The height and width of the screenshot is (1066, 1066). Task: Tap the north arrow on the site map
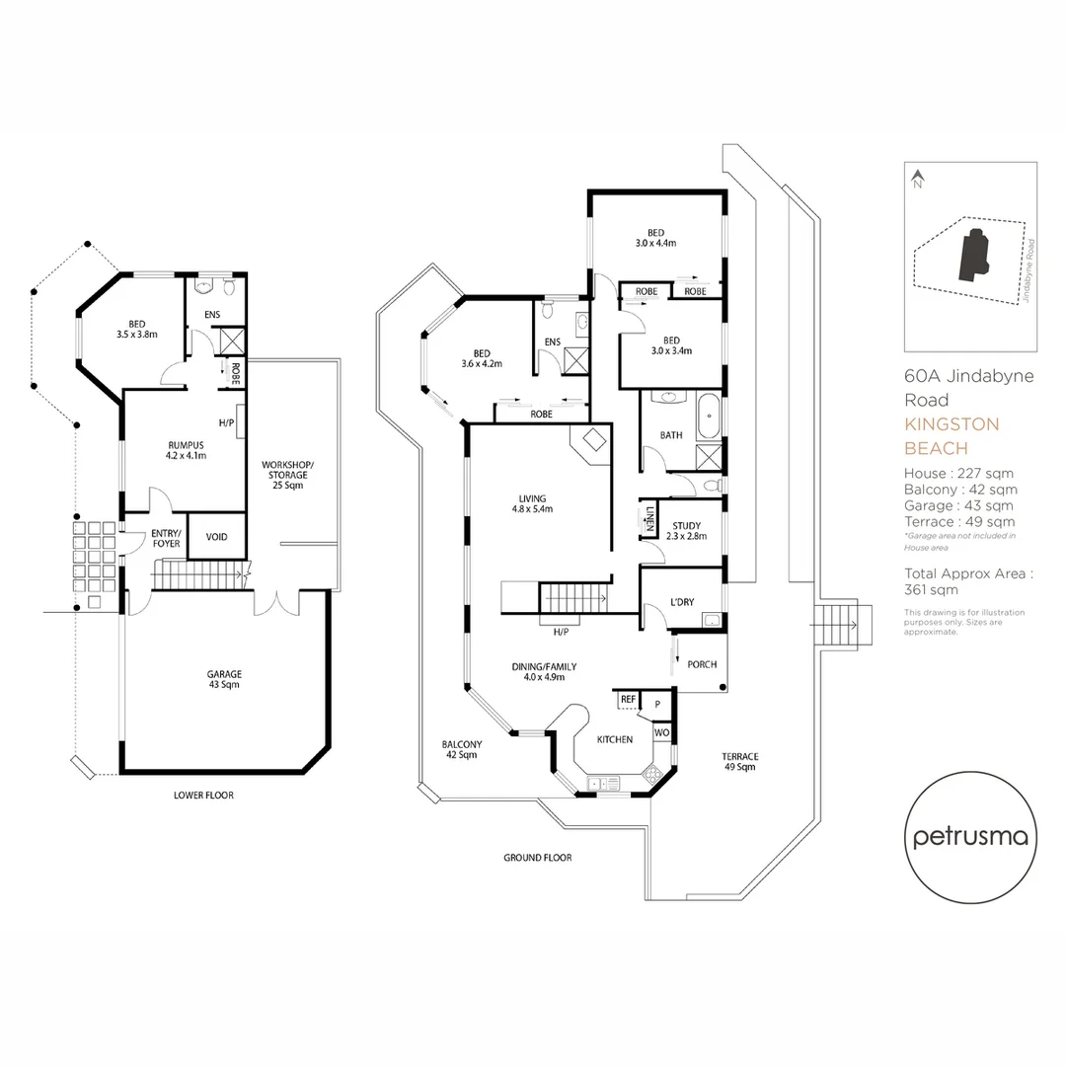point(917,179)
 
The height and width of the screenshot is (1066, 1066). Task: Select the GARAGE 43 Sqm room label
point(224,679)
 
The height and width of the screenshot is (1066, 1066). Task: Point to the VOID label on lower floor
point(216,537)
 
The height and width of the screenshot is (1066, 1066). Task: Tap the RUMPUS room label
point(186,450)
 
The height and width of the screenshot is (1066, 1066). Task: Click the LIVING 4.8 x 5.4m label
point(532,503)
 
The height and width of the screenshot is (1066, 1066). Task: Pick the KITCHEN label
point(614,739)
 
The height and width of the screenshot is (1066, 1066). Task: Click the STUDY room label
point(686,530)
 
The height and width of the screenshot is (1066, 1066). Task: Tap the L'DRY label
point(680,603)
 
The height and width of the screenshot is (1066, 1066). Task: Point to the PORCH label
point(701,664)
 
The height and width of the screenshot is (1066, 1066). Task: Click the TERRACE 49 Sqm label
point(739,761)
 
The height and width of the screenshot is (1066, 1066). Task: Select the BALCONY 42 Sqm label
point(461,749)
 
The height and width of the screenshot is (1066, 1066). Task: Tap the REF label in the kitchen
point(628,699)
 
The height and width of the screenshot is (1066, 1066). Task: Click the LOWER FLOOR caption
point(203,795)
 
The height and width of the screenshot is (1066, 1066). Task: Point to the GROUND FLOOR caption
point(537,858)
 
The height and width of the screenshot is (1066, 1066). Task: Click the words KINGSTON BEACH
point(952,436)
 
